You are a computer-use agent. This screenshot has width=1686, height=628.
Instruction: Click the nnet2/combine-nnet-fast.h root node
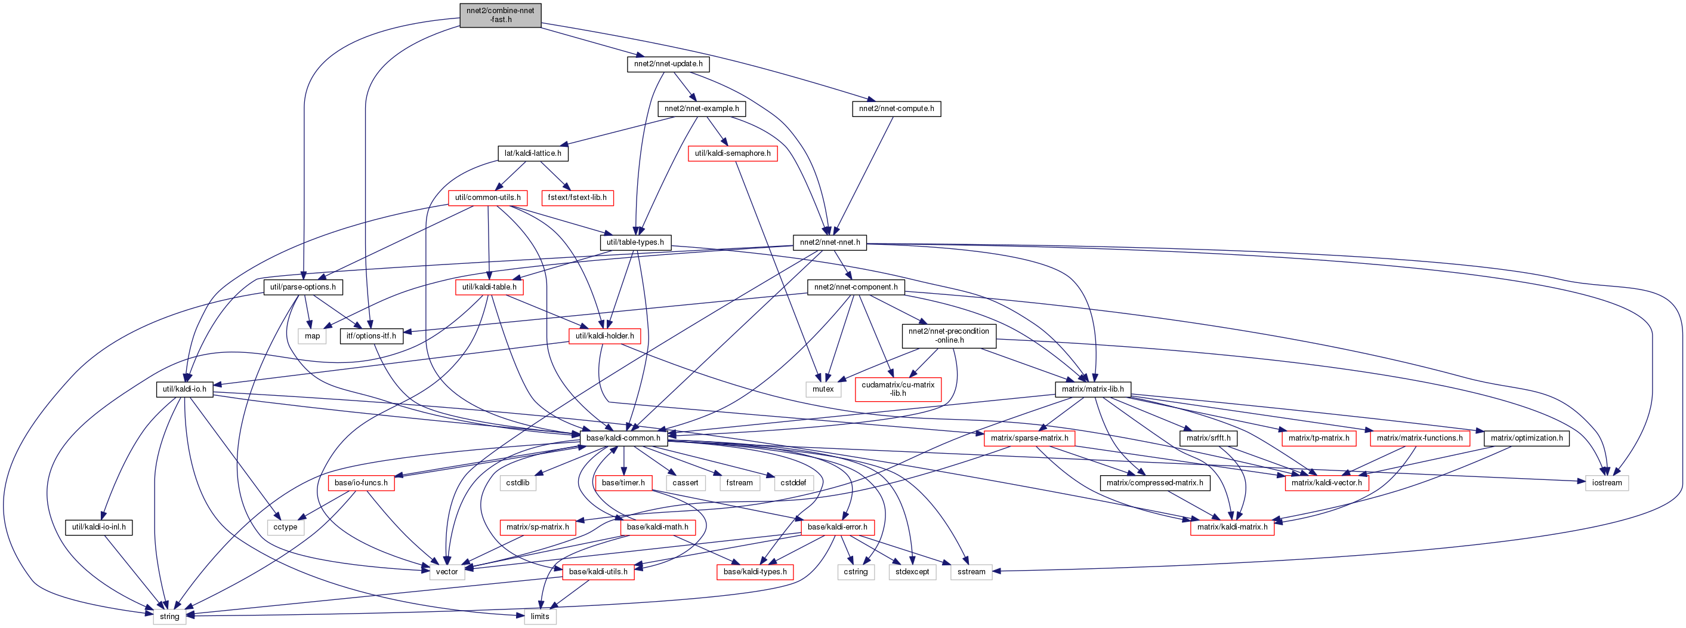click(501, 15)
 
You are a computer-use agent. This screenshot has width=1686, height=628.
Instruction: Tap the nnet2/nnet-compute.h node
click(897, 109)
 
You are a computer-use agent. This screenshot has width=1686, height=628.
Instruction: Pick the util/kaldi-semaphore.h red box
click(733, 153)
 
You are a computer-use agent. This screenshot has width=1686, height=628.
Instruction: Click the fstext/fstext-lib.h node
click(578, 198)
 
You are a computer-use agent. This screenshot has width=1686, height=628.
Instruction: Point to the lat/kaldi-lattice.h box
click(533, 153)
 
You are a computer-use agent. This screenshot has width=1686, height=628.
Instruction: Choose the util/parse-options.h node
click(303, 287)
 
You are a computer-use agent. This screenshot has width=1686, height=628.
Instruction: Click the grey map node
click(312, 336)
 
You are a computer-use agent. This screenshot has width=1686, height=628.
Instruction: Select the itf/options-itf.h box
click(371, 336)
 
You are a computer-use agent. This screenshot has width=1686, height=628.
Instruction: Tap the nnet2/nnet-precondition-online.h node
click(949, 336)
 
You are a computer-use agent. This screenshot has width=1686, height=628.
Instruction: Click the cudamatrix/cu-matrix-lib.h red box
click(898, 389)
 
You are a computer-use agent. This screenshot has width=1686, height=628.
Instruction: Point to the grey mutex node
click(823, 389)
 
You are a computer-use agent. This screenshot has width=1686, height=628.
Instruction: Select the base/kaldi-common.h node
click(623, 438)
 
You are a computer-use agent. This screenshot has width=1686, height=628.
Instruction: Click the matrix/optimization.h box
click(1527, 438)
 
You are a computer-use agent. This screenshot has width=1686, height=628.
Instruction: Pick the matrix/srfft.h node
click(1208, 438)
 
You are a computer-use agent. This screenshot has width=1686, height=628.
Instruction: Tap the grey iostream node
click(1607, 482)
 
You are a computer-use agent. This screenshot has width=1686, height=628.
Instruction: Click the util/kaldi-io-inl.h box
click(99, 527)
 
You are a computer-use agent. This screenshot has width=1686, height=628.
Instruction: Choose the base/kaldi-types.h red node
click(755, 572)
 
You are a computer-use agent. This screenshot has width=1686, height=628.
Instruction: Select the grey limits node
click(540, 616)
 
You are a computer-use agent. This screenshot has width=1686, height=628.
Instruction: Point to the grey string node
click(169, 616)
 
